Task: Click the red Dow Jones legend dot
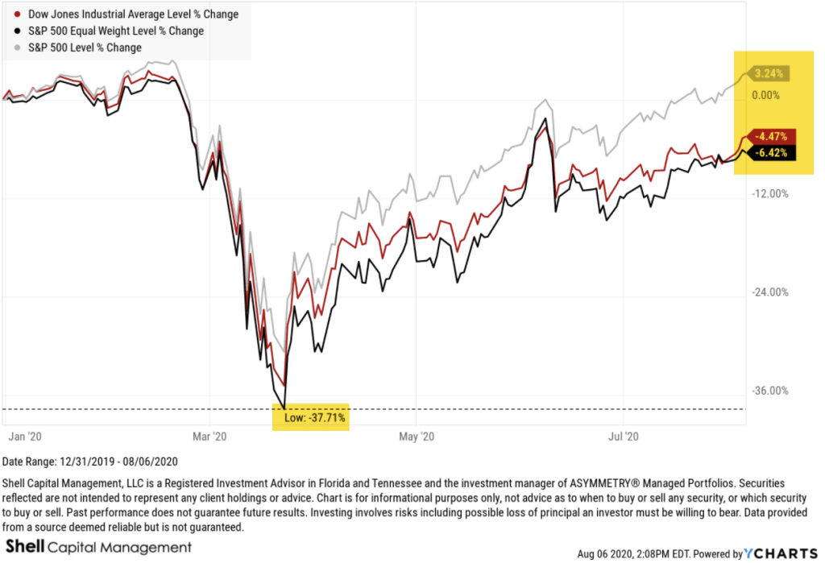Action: [x=18, y=14]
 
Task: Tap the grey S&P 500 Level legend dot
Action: [x=18, y=48]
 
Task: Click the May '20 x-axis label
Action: [x=416, y=437]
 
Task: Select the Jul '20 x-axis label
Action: [x=621, y=437]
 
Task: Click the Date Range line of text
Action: [x=90, y=462]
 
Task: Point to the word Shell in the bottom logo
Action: [x=24, y=548]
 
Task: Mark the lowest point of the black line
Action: [x=284, y=408]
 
